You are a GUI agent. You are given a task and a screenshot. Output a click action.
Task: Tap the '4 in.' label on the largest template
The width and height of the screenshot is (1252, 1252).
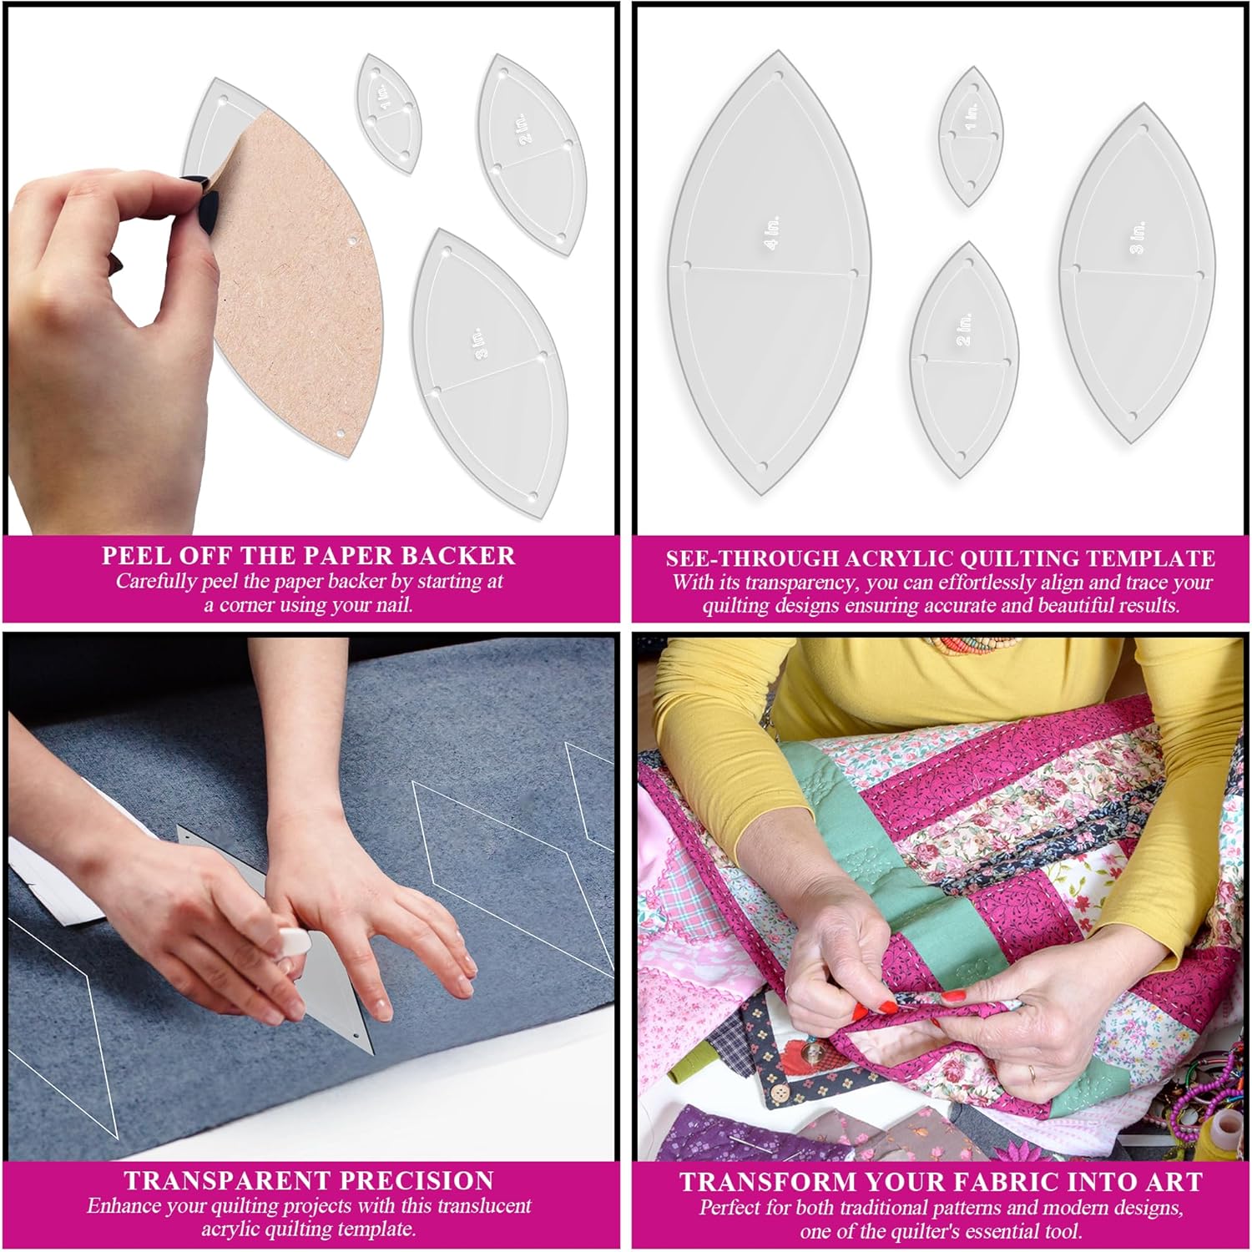(x=772, y=232)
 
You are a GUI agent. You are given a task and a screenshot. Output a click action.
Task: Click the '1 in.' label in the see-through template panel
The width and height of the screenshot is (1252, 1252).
(x=971, y=116)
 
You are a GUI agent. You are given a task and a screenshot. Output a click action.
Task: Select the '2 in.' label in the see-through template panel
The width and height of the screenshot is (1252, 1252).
(x=965, y=330)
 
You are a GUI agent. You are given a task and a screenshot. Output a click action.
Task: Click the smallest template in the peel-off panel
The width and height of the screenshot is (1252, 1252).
(x=388, y=114)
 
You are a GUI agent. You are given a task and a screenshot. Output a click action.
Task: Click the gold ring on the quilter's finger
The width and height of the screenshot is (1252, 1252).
(x=1032, y=1071)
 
